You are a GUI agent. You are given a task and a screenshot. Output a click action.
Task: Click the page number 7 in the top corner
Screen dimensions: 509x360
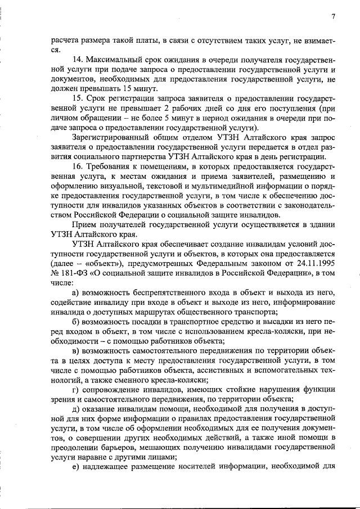click(x=334, y=16)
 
